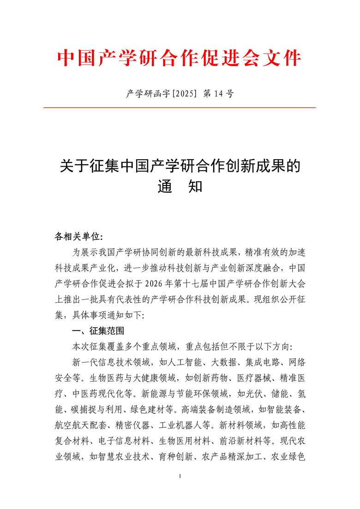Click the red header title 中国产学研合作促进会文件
[180, 59]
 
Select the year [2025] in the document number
[184, 94]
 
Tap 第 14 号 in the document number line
[218, 94]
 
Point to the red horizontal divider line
[180, 108]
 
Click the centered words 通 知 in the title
[180, 187]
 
